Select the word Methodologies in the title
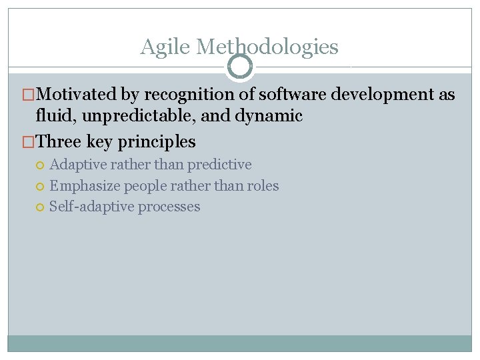coord(268,47)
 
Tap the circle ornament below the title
coord(240,66)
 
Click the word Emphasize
coord(85,185)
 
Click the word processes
coord(169,207)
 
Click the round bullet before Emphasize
coord(42,186)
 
